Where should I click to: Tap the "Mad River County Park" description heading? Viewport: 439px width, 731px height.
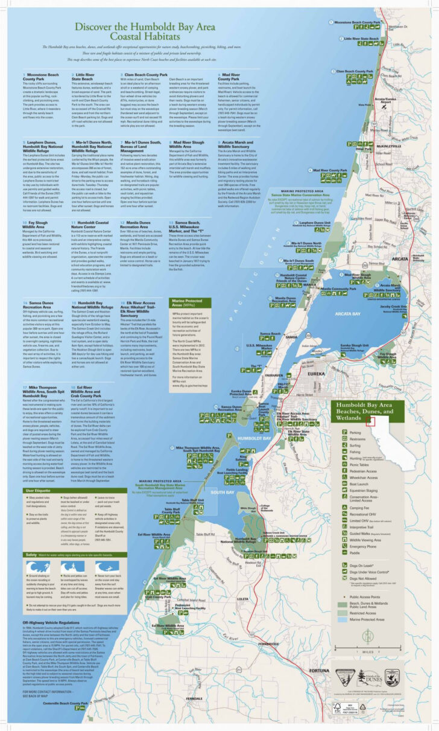click(229, 77)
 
